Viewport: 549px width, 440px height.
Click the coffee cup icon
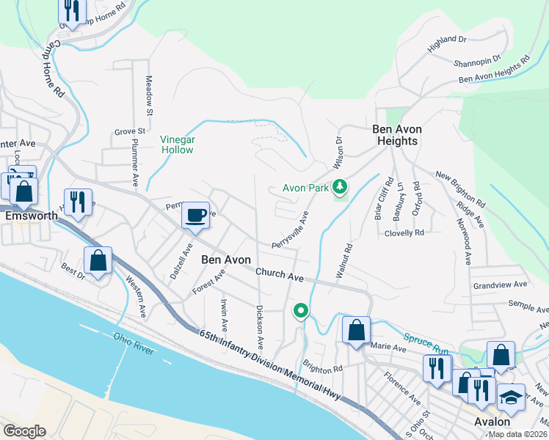coord(195,216)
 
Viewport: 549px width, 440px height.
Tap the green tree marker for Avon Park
coord(339,188)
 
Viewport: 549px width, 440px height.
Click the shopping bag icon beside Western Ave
coord(98,260)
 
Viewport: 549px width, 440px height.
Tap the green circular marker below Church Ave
coord(300,312)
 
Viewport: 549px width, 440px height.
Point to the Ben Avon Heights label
coord(395,135)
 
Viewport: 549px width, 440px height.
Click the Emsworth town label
coord(30,217)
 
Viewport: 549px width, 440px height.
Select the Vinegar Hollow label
coord(177,144)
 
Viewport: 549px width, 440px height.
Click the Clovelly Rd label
coord(404,232)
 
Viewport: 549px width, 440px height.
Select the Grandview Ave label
coord(501,284)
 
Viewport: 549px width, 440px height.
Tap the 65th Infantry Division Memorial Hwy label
coord(270,364)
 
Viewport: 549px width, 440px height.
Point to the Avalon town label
coord(492,422)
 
